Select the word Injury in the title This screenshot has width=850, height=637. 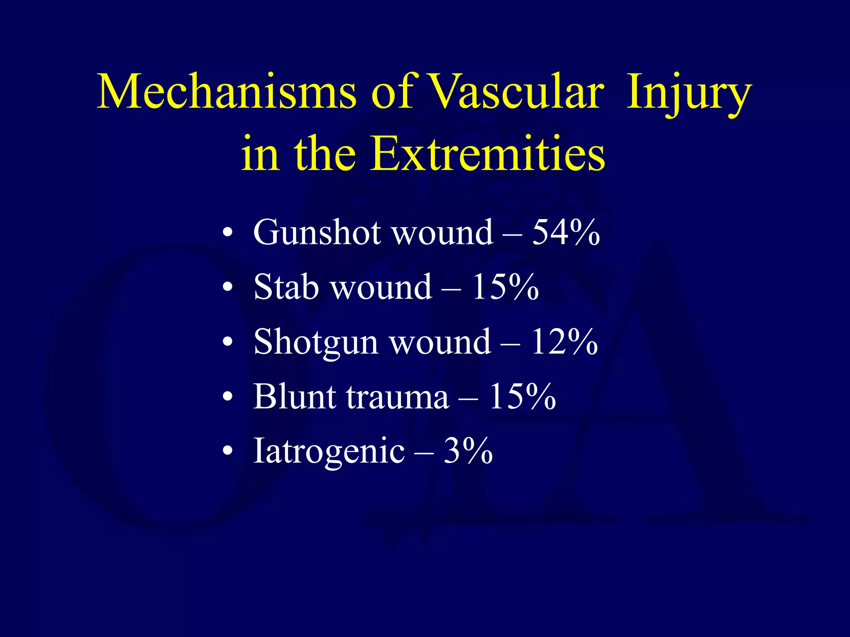tap(689, 93)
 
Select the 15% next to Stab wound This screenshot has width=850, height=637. tap(505, 287)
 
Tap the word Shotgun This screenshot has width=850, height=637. tap(316, 343)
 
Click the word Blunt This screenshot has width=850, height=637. tap(295, 396)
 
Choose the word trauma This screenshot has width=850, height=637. tap(398, 397)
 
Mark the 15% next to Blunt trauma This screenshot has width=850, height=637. tap(522, 396)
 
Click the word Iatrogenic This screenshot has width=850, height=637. tap(329, 451)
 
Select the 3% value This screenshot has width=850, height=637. tap(468, 451)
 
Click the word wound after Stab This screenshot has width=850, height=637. tap(381, 287)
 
